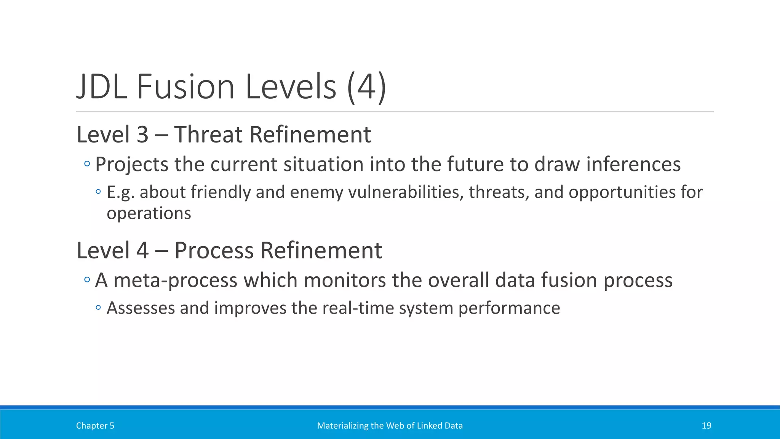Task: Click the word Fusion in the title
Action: pyautogui.click(x=185, y=87)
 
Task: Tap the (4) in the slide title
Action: pyautogui.click(x=367, y=87)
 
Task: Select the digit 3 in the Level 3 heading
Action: pyautogui.click(x=142, y=135)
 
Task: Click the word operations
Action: pyautogui.click(x=149, y=213)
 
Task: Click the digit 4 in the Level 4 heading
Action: pyautogui.click(x=142, y=250)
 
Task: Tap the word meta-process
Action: pyautogui.click(x=176, y=280)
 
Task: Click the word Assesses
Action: pyautogui.click(x=141, y=308)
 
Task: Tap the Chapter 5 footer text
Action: pyautogui.click(x=95, y=426)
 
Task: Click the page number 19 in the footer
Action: pyautogui.click(x=706, y=426)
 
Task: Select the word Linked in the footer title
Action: pyautogui.click(x=429, y=426)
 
